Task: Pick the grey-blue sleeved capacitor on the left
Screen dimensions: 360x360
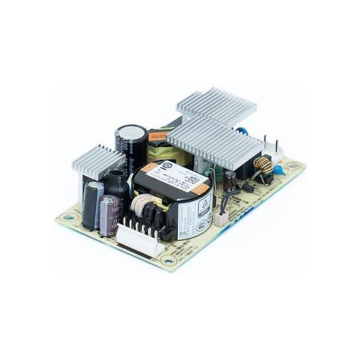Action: pos(91,204)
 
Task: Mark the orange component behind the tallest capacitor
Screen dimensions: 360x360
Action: pos(156,136)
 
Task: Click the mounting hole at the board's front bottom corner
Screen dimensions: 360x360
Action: pos(167,262)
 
